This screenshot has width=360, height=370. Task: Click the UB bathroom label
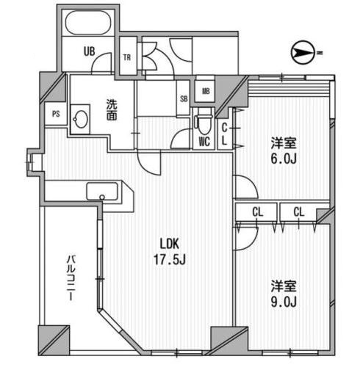tap(89, 51)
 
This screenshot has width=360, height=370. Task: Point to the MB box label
tap(206, 92)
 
